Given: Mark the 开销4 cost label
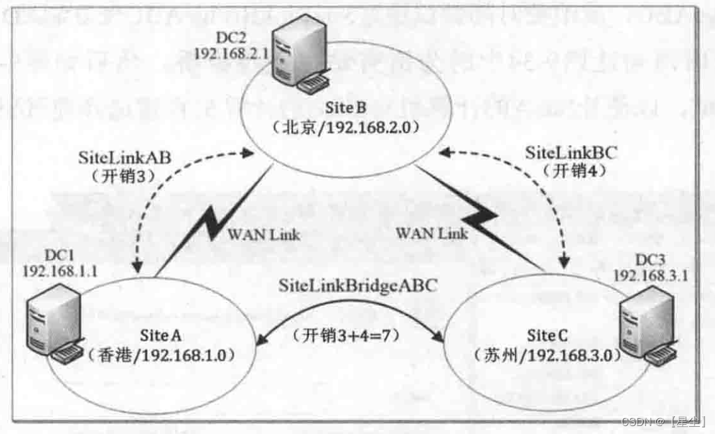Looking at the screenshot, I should point(571,170).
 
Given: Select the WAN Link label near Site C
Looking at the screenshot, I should point(431,233).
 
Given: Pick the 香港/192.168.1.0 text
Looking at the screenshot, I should point(162,354).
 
